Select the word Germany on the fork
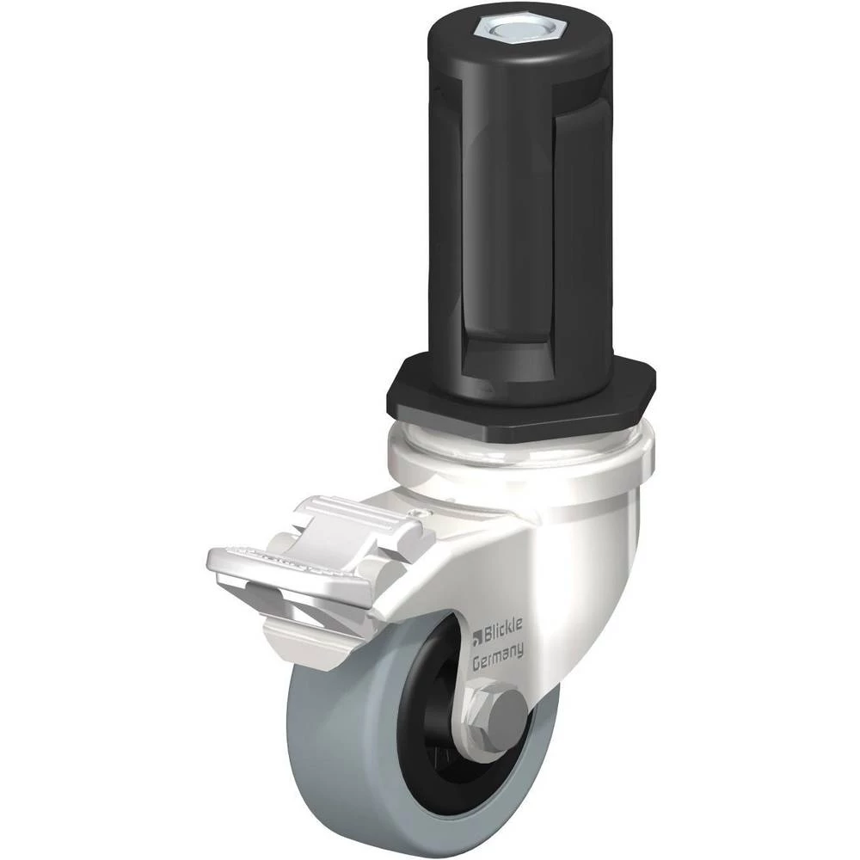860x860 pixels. (x=498, y=655)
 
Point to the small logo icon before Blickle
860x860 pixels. (x=477, y=636)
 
